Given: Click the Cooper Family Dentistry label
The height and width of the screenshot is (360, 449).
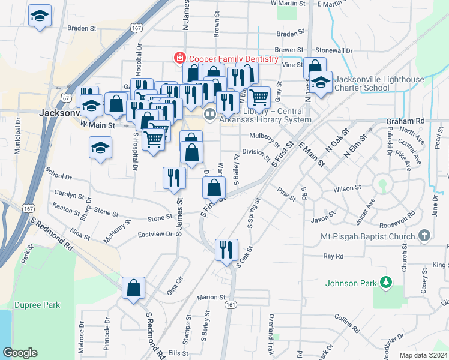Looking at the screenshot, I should (x=234, y=59).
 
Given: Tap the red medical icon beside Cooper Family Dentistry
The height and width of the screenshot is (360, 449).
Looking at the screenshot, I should (x=179, y=58).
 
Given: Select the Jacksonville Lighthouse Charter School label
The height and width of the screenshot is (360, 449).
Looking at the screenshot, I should (x=379, y=83).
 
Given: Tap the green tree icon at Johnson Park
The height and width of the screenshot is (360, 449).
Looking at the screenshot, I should (x=388, y=282).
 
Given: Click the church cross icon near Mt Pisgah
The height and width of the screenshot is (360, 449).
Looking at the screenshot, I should (x=424, y=236).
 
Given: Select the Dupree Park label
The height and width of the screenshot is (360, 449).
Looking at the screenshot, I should (x=37, y=305).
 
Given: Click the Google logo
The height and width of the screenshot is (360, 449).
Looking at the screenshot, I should (x=20, y=353).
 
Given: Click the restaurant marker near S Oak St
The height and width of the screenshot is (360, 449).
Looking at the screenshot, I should (x=226, y=248).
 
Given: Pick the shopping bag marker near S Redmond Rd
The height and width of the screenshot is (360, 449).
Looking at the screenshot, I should (x=133, y=288).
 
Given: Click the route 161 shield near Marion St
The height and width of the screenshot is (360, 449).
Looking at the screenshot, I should (x=230, y=305).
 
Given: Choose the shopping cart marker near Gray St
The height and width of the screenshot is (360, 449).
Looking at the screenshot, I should (x=259, y=96).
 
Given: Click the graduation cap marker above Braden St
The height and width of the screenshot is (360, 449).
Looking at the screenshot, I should (x=40, y=16).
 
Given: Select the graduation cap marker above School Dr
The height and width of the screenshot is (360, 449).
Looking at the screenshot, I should (x=100, y=147).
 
